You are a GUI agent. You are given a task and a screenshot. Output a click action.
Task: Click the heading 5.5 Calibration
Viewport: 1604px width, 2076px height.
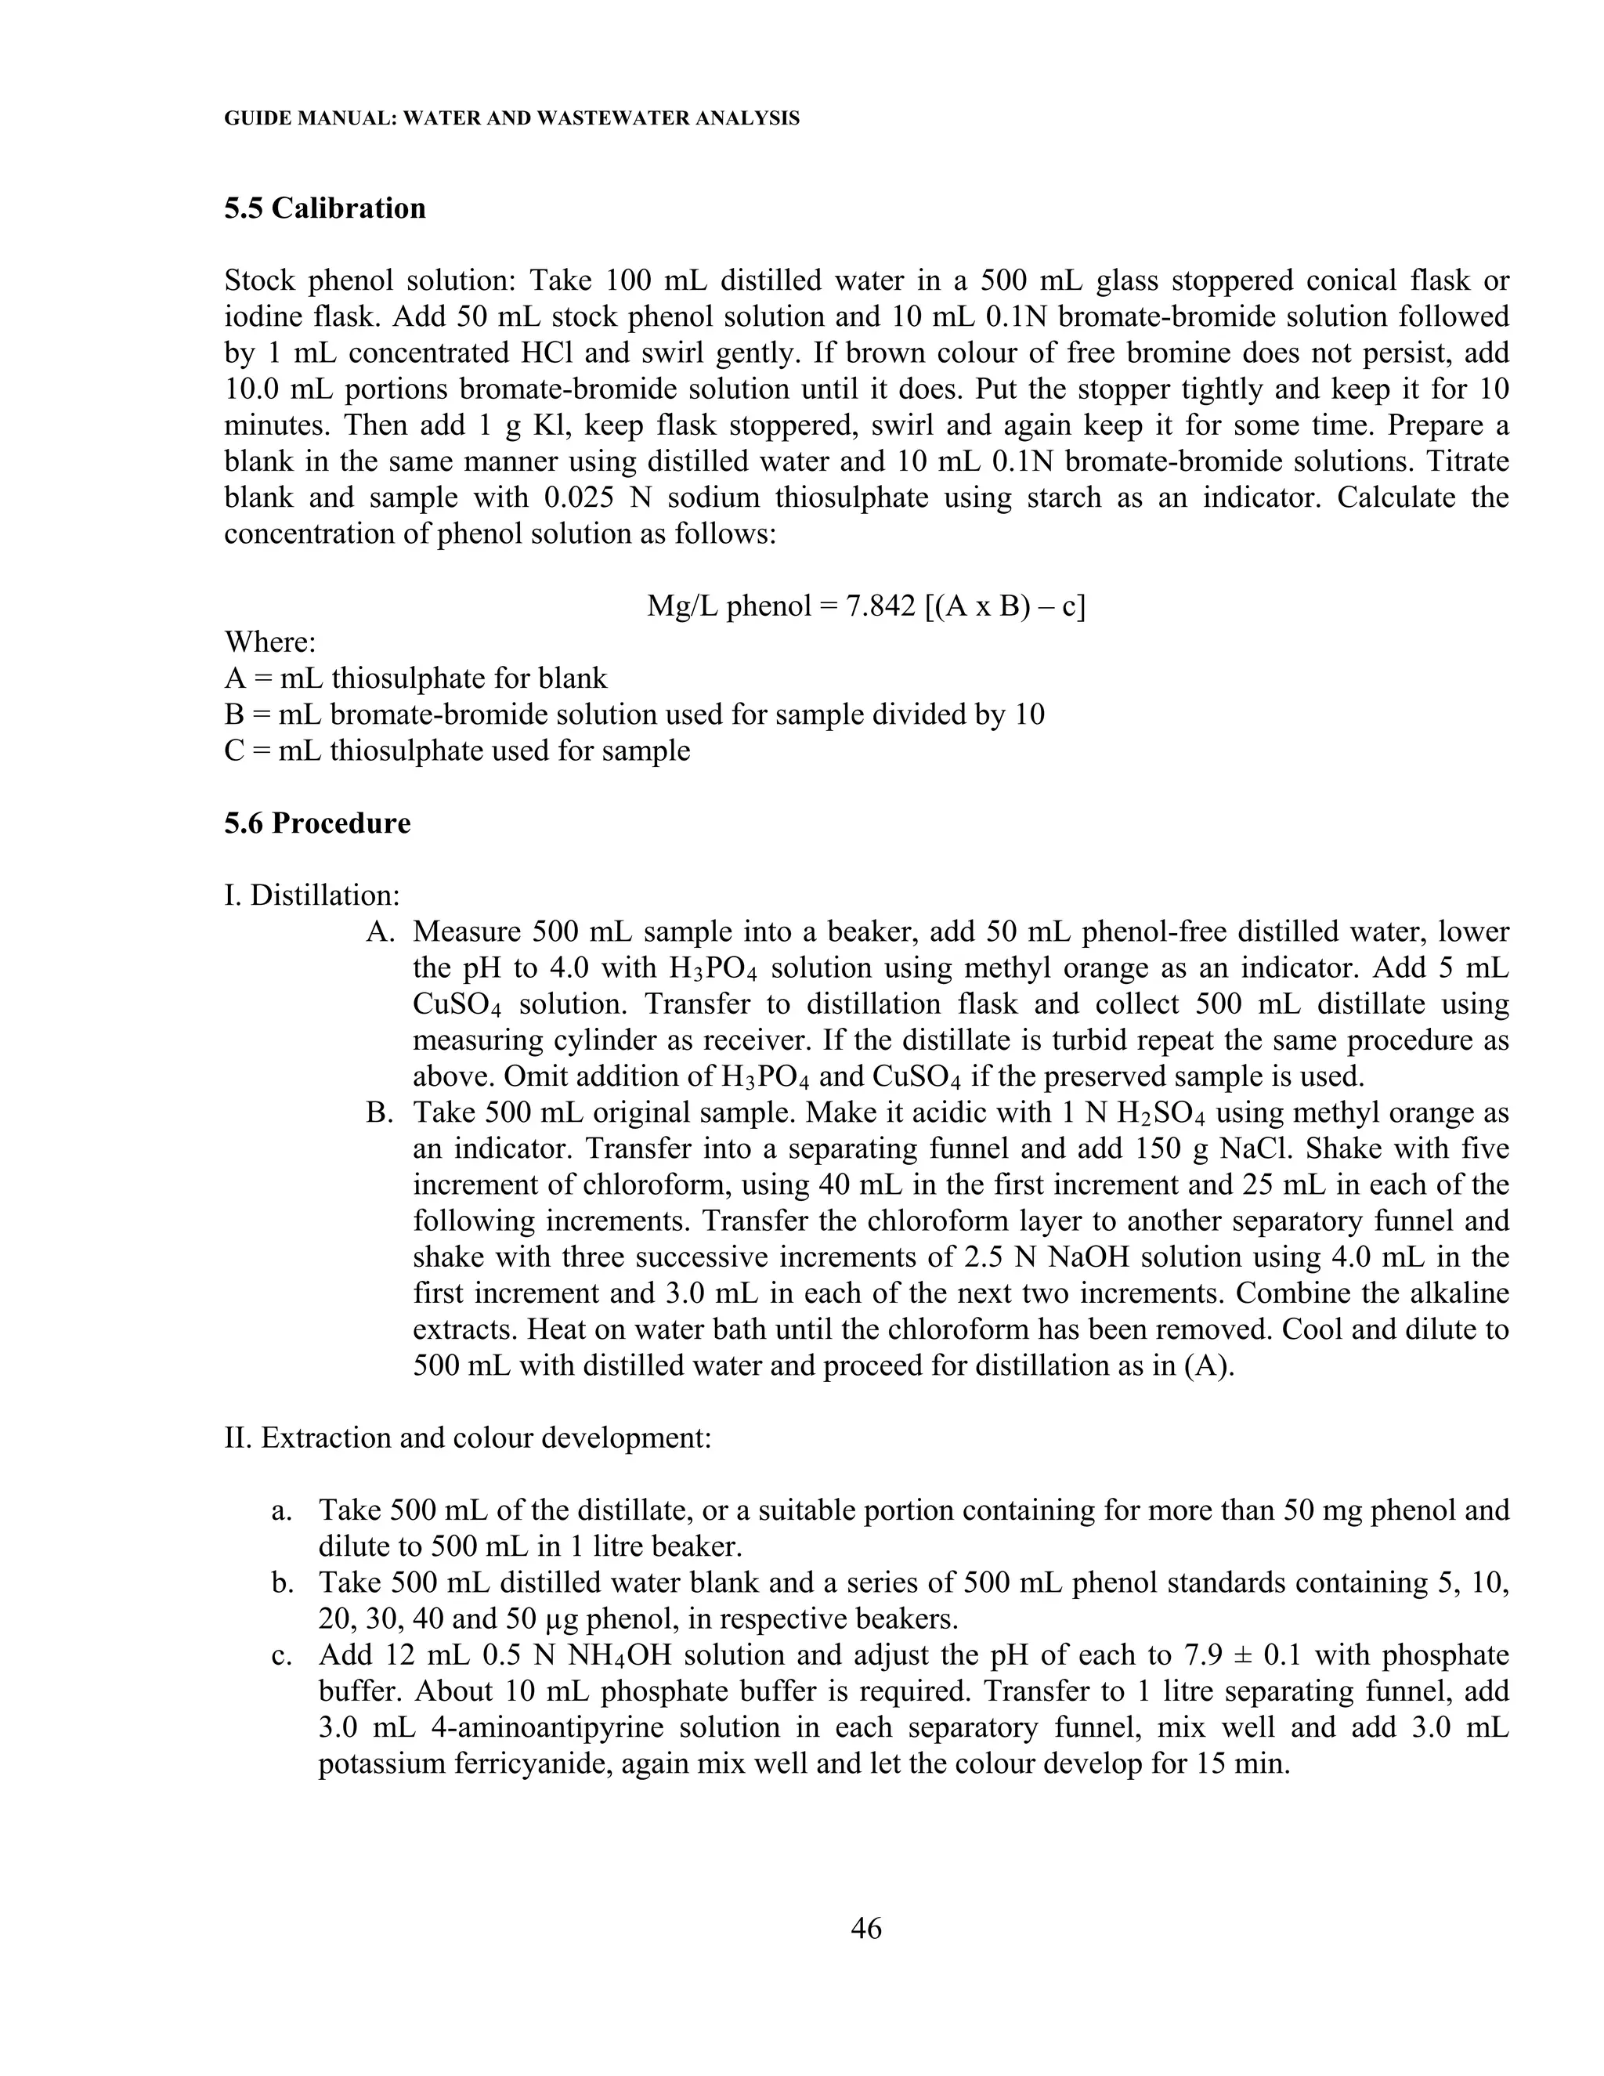pos(325,208)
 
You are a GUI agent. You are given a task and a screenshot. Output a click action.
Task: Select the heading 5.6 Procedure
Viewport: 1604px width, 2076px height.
pos(317,823)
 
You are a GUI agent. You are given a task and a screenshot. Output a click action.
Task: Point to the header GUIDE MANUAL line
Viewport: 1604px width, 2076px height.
pos(511,119)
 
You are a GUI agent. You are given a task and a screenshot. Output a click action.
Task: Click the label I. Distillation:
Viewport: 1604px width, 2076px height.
pos(312,895)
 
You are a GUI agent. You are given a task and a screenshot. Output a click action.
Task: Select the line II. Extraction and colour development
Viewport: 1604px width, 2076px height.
pos(468,1438)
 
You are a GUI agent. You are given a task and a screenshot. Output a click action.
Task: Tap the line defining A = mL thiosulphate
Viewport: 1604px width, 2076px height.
pos(415,678)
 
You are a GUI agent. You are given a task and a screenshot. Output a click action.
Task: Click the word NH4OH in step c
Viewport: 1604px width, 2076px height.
pos(620,1656)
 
